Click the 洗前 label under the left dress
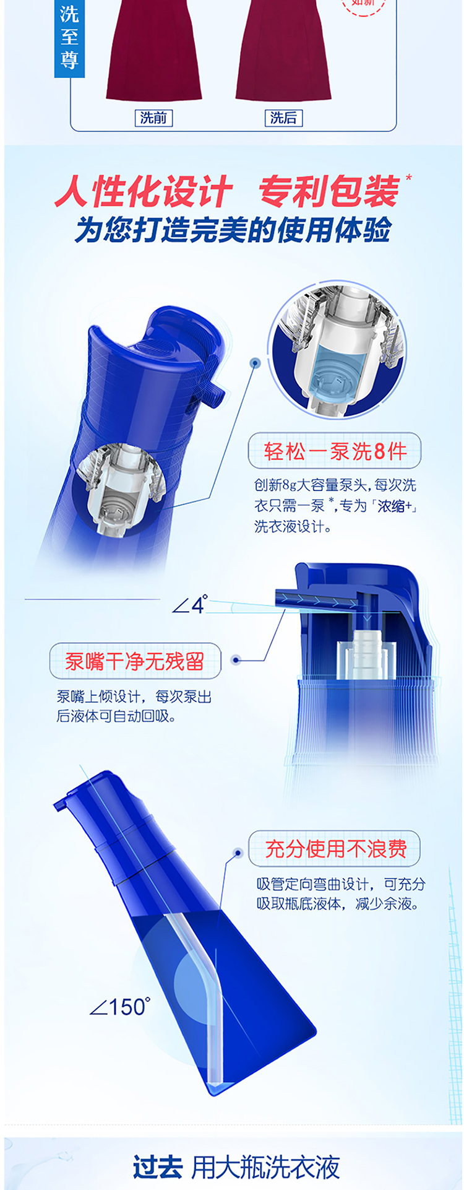(153, 118)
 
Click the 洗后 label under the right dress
(283, 118)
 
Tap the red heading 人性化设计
(144, 191)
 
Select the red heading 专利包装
(329, 191)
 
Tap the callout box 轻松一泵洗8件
(335, 451)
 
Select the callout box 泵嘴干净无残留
(135, 661)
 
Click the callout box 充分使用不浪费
(335, 848)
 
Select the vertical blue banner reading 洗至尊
(69, 38)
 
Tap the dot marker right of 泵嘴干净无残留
(235, 660)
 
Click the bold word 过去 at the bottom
(157, 1167)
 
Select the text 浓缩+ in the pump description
(395, 506)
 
